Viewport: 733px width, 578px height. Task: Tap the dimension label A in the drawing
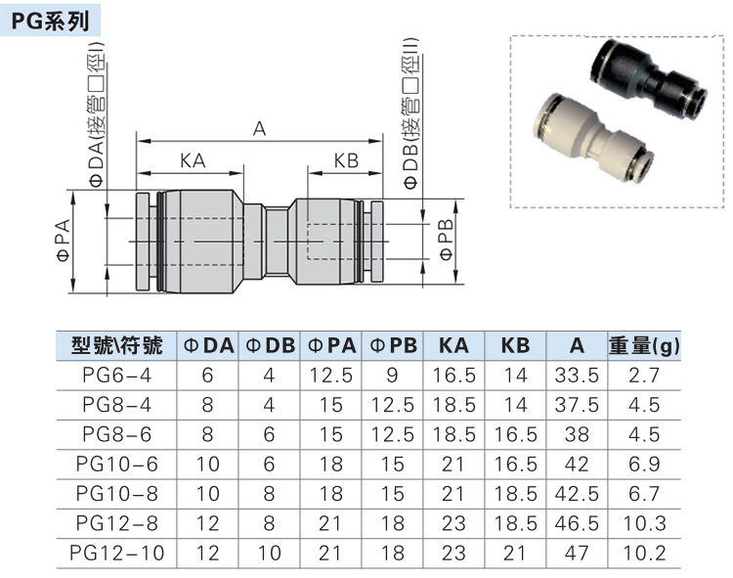tap(259, 128)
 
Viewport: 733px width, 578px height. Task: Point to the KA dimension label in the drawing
tap(193, 160)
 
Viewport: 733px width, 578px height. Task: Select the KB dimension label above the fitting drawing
tap(346, 160)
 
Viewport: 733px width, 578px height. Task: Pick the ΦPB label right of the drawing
tap(446, 240)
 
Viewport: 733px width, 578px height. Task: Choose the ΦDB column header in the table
tap(269, 345)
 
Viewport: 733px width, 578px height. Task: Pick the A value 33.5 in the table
tap(577, 375)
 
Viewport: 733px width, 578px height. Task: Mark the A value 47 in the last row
tap(577, 552)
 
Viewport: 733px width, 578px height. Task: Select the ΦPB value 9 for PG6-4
tap(392, 375)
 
